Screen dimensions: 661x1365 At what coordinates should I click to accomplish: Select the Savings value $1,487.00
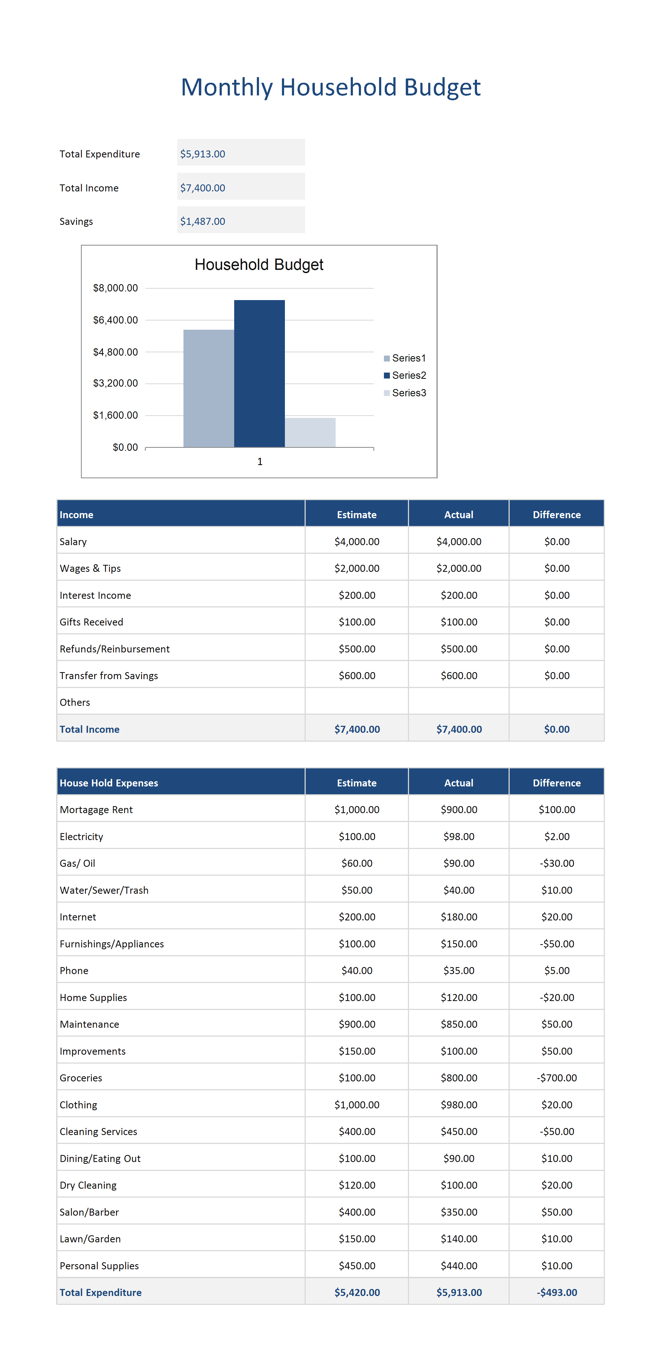click(203, 222)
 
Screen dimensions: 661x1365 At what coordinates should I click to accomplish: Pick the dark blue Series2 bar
click(259, 374)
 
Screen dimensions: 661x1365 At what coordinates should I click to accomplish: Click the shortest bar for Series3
click(310, 432)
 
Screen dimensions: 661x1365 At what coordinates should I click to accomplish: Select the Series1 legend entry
click(405, 358)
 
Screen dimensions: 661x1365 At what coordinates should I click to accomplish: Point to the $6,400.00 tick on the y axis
click(115, 320)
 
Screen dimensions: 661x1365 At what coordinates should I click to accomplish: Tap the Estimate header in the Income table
click(357, 514)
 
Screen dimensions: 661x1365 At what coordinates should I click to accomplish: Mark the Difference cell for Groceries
click(557, 1078)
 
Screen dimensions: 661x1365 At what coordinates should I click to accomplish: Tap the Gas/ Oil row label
click(77, 863)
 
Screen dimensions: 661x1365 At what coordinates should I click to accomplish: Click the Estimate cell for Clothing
click(357, 1105)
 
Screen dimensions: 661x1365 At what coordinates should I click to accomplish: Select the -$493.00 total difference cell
click(557, 1292)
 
